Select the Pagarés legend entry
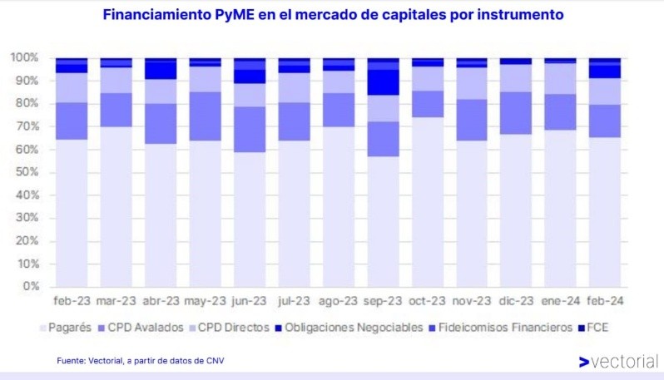coord(68,328)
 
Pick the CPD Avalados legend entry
coord(144,328)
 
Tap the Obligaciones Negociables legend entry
coord(347,328)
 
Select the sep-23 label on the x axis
coord(384,300)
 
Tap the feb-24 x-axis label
coord(607,300)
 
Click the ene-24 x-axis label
coord(562,300)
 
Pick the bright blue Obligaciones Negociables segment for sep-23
coord(384,82)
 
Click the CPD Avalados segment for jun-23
coord(250,129)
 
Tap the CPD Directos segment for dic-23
coord(518,78)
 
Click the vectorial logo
coord(617,362)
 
